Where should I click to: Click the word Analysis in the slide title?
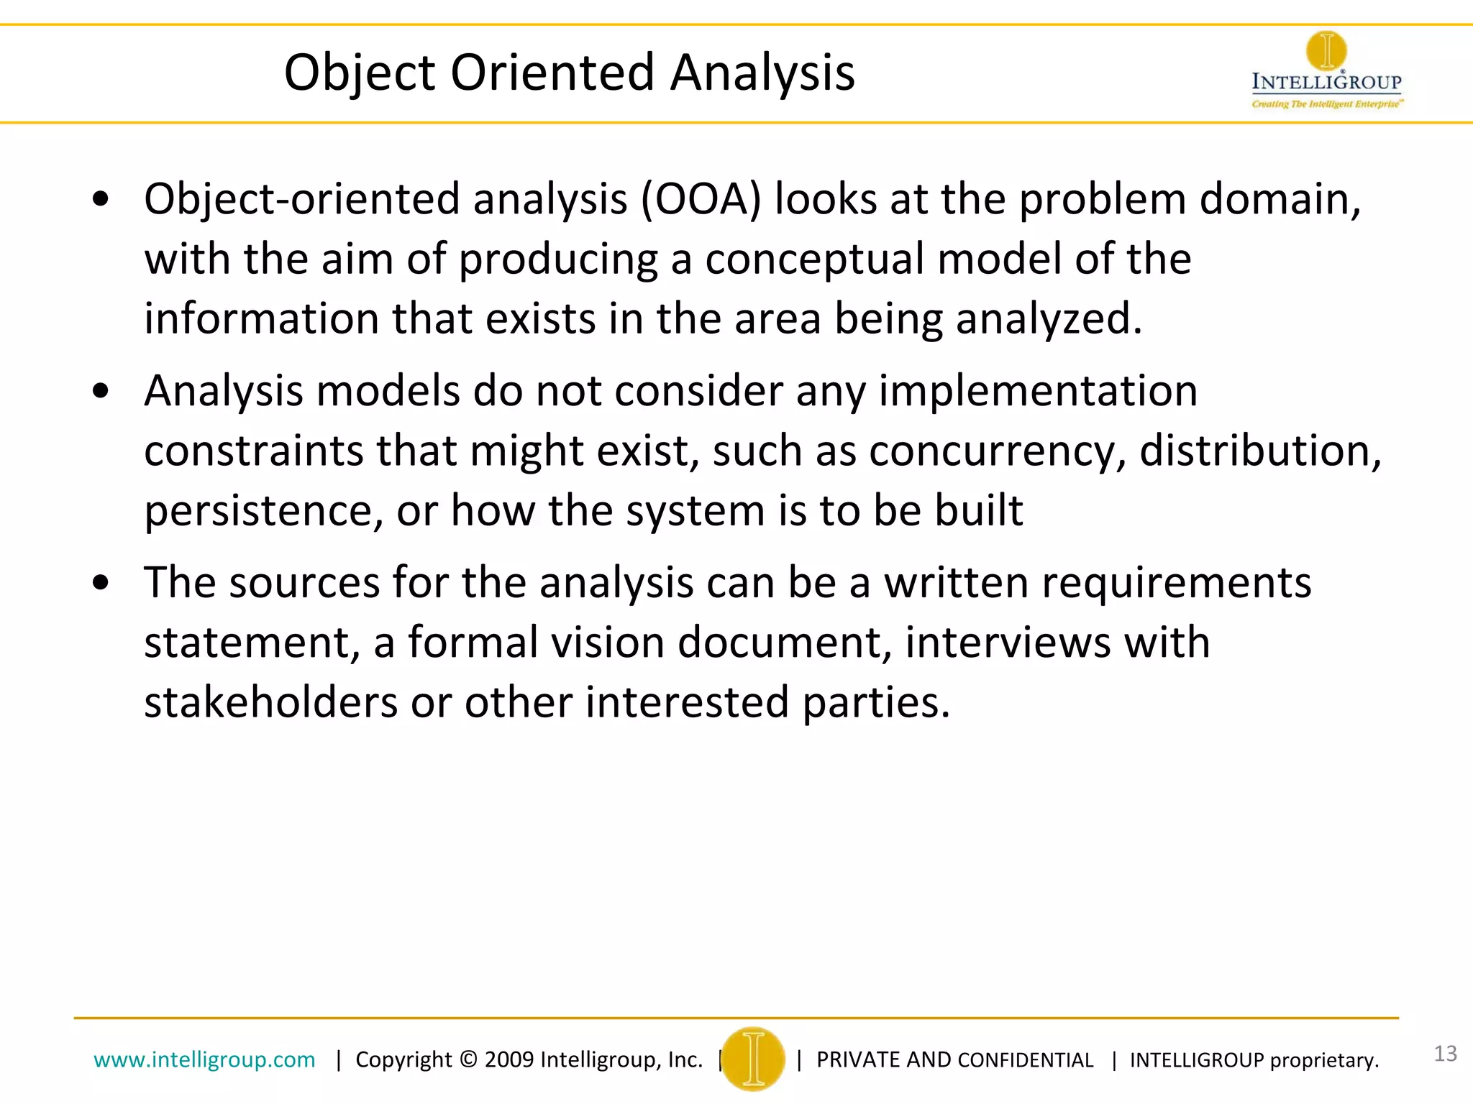click(x=762, y=73)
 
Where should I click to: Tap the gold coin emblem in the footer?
click(x=753, y=1059)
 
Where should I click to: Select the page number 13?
click(x=1445, y=1054)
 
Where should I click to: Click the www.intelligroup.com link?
click(x=204, y=1059)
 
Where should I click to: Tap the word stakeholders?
click(x=270, y=702)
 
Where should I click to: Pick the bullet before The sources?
click(x=101, y=583)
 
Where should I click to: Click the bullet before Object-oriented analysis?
click(x=101, y=200)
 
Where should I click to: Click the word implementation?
click(x=1038, y=392)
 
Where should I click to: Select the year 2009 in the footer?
click(x=509, y=1059)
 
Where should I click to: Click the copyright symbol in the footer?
click(x=468, y=1059)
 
